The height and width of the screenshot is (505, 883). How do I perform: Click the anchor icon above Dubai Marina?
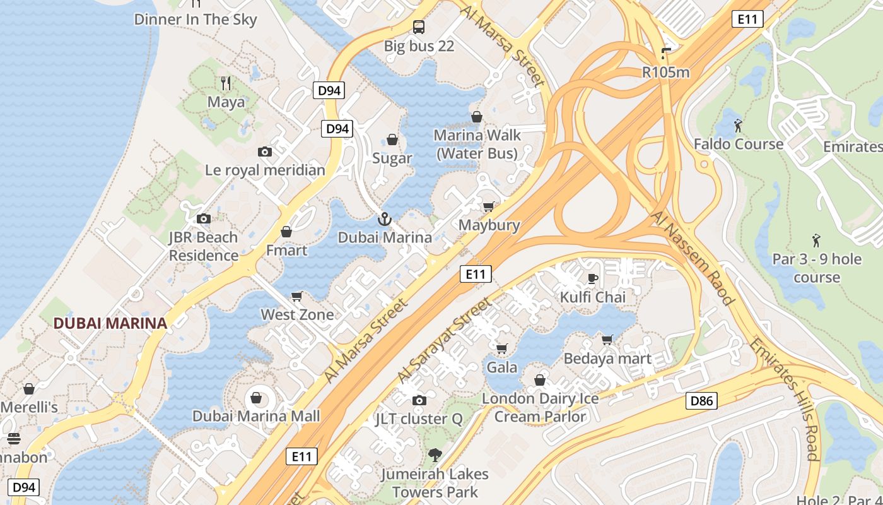pos(384,219)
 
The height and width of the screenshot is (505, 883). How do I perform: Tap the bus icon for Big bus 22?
pos(419,27)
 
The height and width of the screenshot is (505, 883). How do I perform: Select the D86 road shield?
pos(701,400)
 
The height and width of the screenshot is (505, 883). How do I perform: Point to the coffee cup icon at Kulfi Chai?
pos(593,278)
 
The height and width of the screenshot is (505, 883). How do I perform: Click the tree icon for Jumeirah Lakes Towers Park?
pos(435,454)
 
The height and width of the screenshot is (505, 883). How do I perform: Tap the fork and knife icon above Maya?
pos(226,83)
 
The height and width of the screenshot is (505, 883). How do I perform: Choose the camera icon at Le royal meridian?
pos(265,151)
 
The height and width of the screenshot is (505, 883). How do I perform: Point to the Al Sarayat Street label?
pos(445,341)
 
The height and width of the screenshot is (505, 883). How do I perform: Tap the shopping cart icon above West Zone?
pos(297,296)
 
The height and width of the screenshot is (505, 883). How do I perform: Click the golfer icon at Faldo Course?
pos(739,126)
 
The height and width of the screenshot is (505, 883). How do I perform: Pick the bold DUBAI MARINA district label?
pos(110,323)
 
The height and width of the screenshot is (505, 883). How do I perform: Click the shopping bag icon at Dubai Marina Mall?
pos(256,398)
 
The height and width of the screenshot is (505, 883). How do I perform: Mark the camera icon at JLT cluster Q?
pos(419,400)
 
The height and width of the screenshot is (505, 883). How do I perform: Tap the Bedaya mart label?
pos(607,359)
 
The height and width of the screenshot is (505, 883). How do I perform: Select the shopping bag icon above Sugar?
pos(392,140)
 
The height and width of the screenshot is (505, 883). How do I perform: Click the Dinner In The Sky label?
pos(196,19)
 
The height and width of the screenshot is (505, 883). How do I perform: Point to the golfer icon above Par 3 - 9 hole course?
pos(817,241)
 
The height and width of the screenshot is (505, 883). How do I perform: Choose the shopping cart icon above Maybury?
pos(488,206)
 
